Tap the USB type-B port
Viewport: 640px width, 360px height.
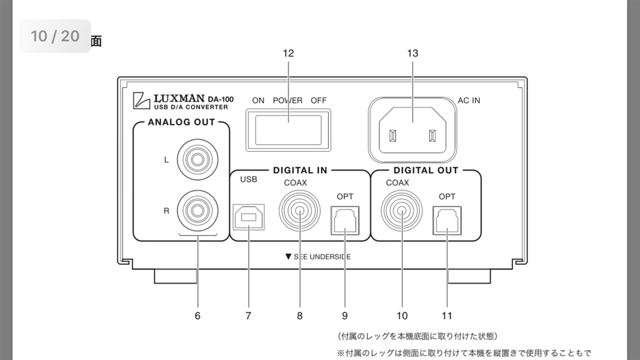[248, 218]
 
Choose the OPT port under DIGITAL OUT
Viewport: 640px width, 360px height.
[447, 219]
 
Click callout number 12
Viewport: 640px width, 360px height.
[288, 53]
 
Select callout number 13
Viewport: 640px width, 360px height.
[412, 53]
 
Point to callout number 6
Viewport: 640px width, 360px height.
[197, 316]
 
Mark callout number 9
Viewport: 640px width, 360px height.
[345, 316]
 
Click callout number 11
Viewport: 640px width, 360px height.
[447, 316]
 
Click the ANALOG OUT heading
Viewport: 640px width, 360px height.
[181, 122]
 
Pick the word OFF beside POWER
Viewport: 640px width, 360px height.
[318, 100]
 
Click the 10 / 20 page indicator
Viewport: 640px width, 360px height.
[55, 36]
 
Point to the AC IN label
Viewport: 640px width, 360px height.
[469, 100]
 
